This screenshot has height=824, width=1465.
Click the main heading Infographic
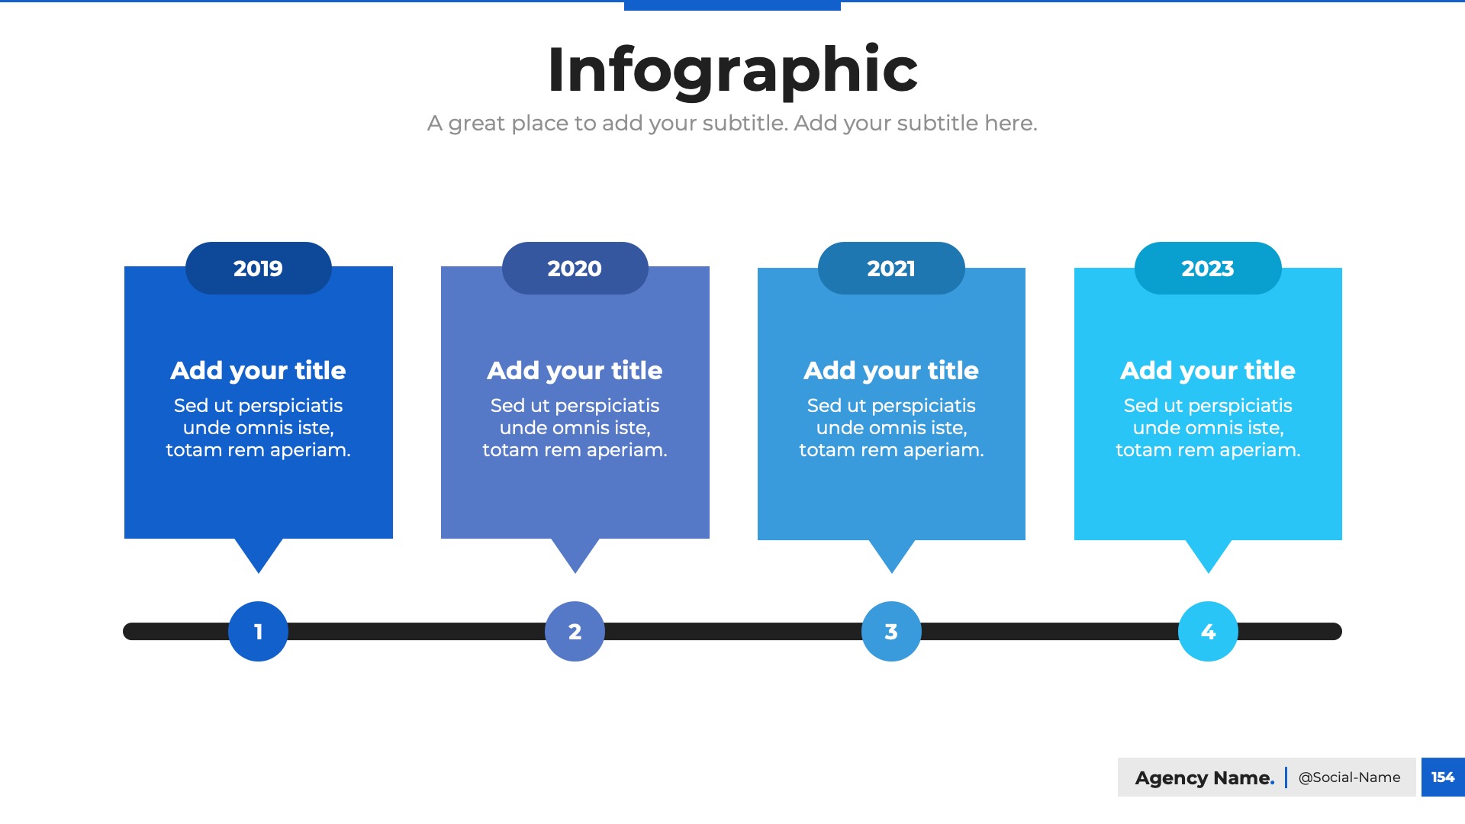tap(732, 70)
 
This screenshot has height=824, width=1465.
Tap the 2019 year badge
tap(259, 268)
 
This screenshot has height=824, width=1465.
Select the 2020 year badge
tap(575, 268)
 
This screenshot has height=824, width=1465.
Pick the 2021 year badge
tap(891, 268)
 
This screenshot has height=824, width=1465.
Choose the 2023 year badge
tap(1208, 268)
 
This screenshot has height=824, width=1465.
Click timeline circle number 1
tap(259, 632)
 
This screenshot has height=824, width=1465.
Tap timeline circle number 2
tap(575, 632)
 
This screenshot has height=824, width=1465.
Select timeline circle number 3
tap(891, 632)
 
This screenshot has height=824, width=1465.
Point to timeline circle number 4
tap(1208, 632)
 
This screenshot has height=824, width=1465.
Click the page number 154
tap(1443, 777)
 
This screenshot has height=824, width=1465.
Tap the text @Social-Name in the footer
tap(1350, 777)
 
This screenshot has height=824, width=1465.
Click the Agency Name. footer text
tap(1205, 777)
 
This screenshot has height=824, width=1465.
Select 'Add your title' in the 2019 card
tap(259, 371)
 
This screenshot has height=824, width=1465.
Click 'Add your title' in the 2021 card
tap(891, 371)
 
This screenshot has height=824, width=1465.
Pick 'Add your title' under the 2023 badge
tap(1208, 371)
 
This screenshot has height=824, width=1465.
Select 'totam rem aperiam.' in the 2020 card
tap(575, 450)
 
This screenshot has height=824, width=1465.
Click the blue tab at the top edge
tap(732, 5)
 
